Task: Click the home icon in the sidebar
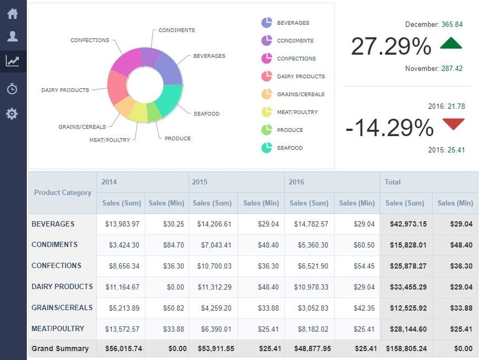13,14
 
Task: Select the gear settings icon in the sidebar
12,114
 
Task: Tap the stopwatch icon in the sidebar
12,89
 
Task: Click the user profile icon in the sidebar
13,36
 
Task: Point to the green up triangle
451,44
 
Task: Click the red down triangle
453,123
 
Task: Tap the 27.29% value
391,46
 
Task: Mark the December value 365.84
452,24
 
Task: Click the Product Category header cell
62,192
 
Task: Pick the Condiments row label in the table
54,245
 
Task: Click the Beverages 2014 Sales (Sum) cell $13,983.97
122,224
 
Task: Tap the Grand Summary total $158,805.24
406,349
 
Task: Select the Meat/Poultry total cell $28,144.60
408,329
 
